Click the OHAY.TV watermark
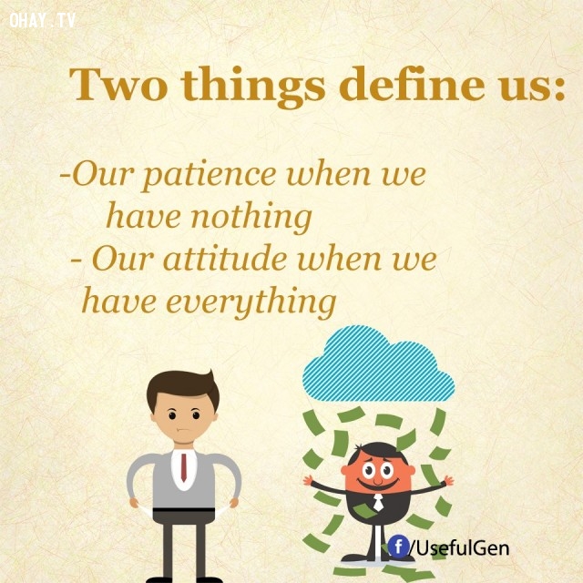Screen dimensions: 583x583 click(x=43, y=20)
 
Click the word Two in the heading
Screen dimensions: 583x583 click(x=118, y=84)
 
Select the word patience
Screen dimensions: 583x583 click(x=210, y=176)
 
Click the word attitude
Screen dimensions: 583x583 click(x=225, y=259)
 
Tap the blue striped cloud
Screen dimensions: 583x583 click(x=379, y=363)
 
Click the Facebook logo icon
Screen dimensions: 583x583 click(x=399, y=547)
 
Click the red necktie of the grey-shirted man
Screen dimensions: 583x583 click(x=184, y=467)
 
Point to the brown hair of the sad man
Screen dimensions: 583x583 click(x=182, y=389)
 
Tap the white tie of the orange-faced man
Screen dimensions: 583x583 click(x=378, y=502)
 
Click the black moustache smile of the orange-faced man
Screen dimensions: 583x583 click(x=377, y=484)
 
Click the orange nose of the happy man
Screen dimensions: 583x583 click(x=378, y=479)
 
